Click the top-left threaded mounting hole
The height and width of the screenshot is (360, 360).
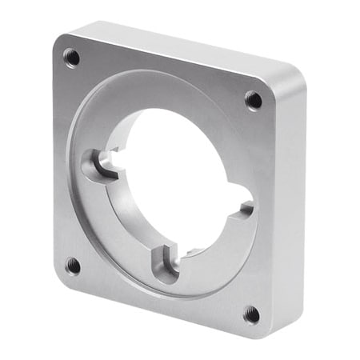coord(71,57)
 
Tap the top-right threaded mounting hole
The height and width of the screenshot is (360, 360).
coord(253,100)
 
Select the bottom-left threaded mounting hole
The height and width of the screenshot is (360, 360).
coord(72,265)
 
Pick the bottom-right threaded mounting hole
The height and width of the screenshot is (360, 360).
coord(251,313)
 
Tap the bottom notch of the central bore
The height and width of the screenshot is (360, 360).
coord(167,264)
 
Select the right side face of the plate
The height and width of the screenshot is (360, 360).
coord(290,208)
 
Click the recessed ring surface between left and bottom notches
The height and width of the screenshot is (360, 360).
coord(120,232)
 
